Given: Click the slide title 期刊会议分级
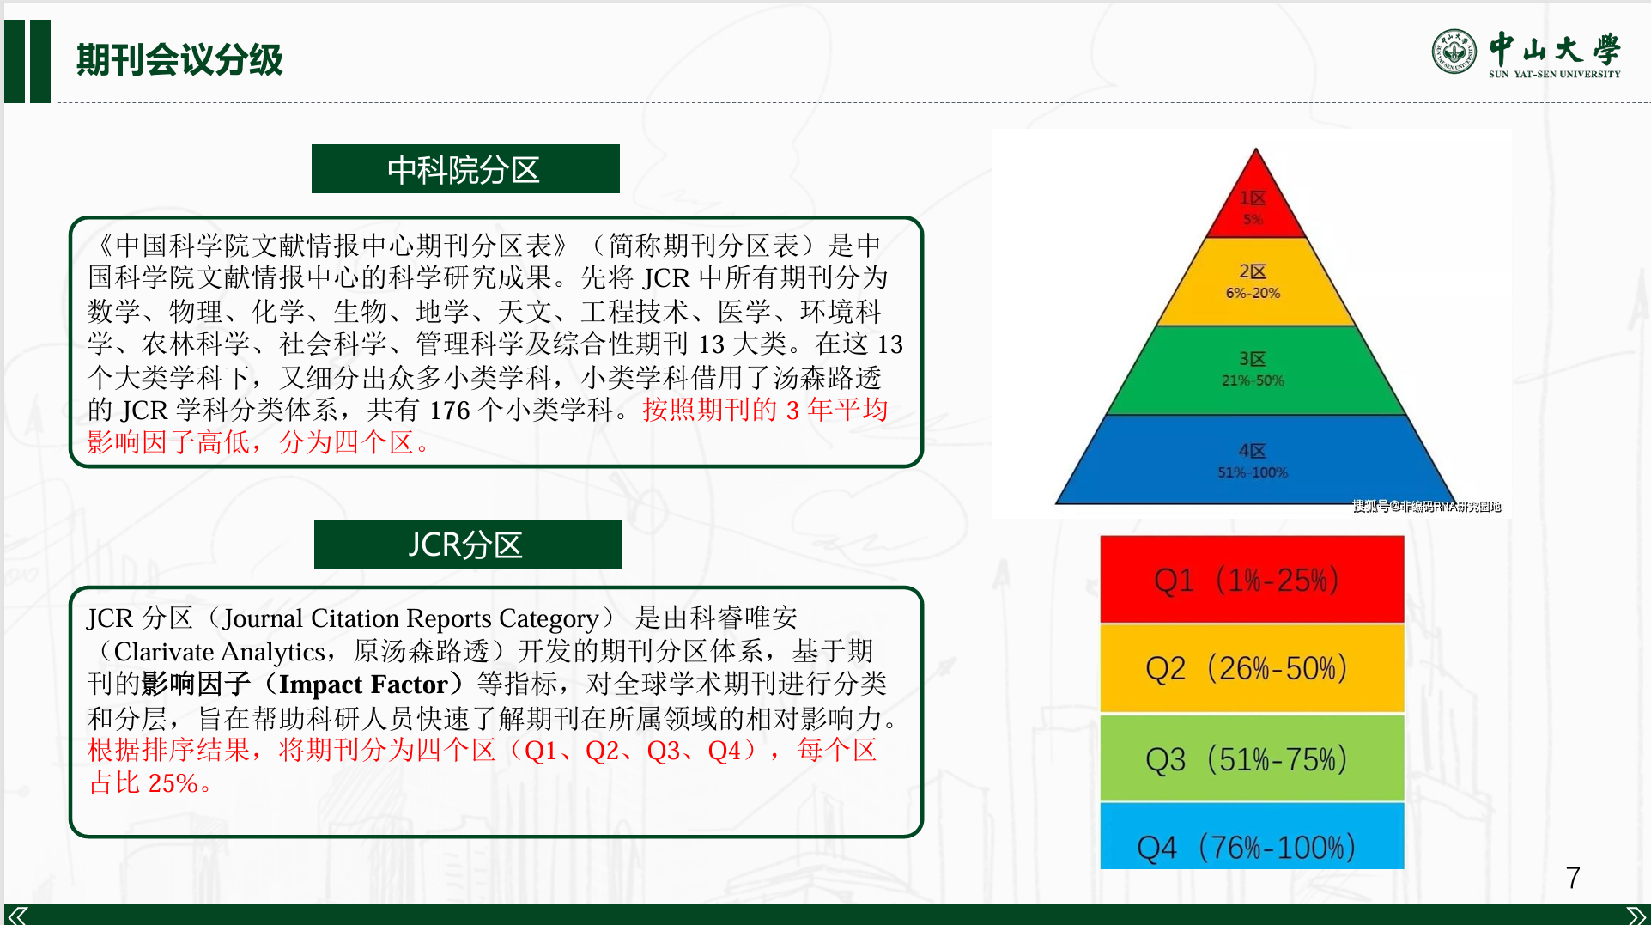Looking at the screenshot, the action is pyautogui.click(x=179, y=59).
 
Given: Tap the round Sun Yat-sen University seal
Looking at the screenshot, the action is pyautogui.click(x=1454, y=52).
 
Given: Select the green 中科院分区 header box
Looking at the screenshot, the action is pyautogui.click(x=465, y=169).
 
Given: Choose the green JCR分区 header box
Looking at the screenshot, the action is pyautogui.click(x=468, y=544).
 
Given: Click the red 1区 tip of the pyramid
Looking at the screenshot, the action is pyautogui.click(x=1255, y=203).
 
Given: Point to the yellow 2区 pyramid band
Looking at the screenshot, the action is pyautogui.click(x=1255, y=282).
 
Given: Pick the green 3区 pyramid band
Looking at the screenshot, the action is pyautogui.click(x=1255, y=370).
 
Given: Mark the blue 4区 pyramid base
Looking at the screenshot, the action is pyautogui.click(x=1255, y=459).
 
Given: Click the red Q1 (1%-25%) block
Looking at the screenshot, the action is pyautogui.click(x=1252, y=580).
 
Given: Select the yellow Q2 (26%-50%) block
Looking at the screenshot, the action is pyautogui.click(x=1252, y=668).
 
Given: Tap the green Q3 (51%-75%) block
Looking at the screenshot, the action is pyautogui.click(x=1252, y=758).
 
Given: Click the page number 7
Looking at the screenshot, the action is pyautogui.click(x=1573, y=878).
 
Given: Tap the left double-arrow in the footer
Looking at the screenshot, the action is pyautogui.click(x=17, y=916).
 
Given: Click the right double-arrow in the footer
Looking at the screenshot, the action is pyautogui.click(x=1636, y=916).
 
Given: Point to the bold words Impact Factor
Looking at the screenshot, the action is pyautogui.click(x=363, y=685).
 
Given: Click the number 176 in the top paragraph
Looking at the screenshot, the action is pyautogui.click(x=450, y=411).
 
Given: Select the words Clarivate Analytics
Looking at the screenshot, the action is pyautogui.click(x=219, y=652).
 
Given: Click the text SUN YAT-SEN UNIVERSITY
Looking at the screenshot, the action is pyautogui.click(x=1555, y=75).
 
